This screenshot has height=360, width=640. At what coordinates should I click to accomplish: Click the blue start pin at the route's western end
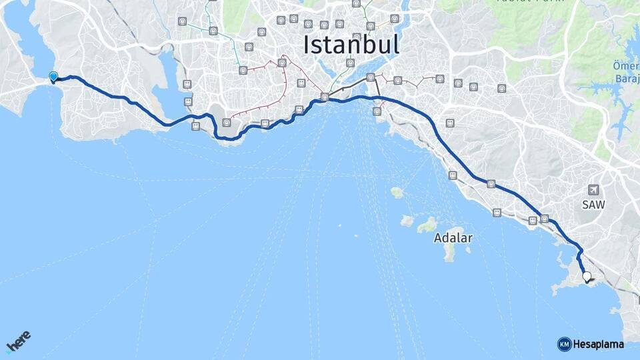pos(53,77)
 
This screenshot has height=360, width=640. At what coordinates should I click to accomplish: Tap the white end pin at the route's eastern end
pos(587,277)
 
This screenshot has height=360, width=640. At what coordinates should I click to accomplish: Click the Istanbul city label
pos(351,45)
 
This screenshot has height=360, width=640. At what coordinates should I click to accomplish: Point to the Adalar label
pos(453,237)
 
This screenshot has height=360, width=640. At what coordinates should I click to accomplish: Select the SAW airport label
pos(593,205)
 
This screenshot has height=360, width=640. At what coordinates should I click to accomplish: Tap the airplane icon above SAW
pos(593,190)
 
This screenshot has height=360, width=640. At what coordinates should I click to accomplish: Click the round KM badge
pos(564,344)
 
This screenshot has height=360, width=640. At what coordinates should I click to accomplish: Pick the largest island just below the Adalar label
pos(450,252)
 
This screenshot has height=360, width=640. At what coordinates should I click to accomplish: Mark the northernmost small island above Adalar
pos(397,193)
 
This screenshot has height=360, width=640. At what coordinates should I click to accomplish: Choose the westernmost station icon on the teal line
pos(183,21)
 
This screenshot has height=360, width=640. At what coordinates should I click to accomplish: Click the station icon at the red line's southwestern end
pos(227,122)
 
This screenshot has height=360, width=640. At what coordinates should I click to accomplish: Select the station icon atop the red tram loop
pos(283,63)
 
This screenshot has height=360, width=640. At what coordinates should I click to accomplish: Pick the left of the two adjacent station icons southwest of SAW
pos(533,220)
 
